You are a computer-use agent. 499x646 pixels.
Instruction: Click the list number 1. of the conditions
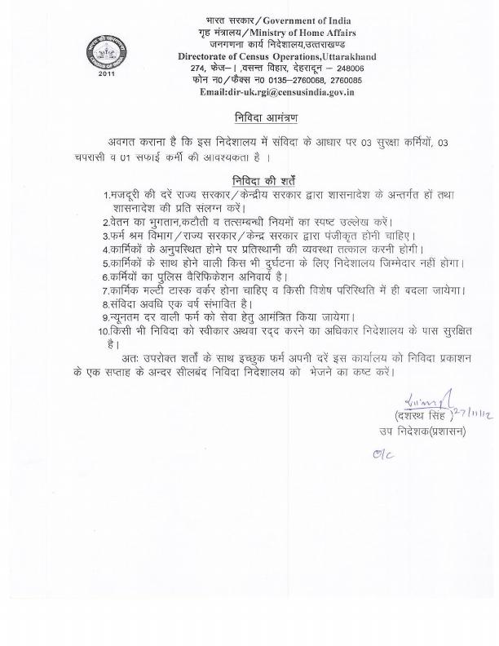(x=107, y=196)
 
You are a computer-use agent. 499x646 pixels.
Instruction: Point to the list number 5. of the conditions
(x=107, y=263)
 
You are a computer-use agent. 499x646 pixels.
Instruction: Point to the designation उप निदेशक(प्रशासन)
(x=421, y=431)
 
